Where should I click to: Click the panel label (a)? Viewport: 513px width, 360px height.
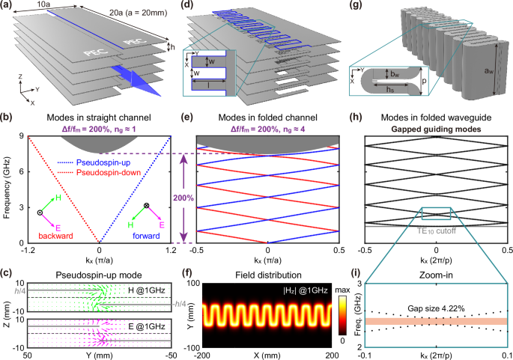8,6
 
